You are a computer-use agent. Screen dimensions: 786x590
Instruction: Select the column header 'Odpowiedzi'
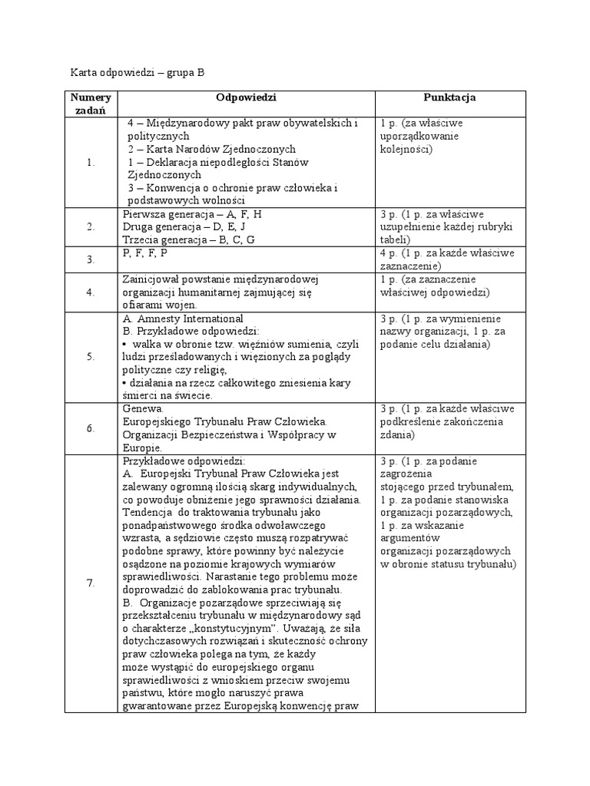[x=246, y=98]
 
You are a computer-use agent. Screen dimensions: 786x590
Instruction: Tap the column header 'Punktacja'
[x=449, y=98]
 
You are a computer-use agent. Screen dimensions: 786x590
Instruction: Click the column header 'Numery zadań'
[x=91, y=104]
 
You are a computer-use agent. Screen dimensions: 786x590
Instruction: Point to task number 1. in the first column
[x=91, y=162]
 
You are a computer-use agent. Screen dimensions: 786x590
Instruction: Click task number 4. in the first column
[x=91, y=292]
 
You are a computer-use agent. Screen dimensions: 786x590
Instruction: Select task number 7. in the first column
[x=91, y=583]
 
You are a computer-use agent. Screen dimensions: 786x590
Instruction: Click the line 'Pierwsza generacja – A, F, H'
[x=192, y=215]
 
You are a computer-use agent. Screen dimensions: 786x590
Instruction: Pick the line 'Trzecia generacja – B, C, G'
[x=189, y=240]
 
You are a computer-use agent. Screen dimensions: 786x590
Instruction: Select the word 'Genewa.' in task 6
[x=142, y=409]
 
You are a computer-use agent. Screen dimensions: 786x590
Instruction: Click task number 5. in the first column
[x=91, y=356]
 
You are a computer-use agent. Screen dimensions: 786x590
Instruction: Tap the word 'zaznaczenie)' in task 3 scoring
[x=411, y=266]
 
